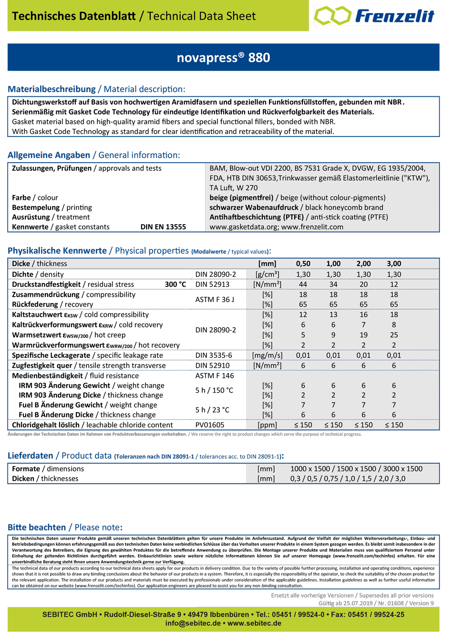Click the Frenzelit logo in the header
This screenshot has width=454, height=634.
(374, 16)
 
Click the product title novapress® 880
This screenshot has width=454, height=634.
(223, 58)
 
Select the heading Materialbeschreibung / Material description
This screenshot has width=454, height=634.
(96, 89)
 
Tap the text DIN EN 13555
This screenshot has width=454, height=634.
(163, 227)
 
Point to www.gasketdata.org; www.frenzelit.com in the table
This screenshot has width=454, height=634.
(276, 227)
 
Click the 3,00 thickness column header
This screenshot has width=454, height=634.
(394, 264)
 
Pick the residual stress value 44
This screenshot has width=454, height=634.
(303, 284)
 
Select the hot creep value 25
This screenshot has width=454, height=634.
(394, 335)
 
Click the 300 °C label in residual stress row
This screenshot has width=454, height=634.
(175, 284)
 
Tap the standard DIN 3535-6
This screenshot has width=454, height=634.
(214, 355)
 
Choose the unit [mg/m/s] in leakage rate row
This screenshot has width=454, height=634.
(267, 355)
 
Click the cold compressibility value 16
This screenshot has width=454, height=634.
(363, 315)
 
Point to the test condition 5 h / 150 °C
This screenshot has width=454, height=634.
(214, 390)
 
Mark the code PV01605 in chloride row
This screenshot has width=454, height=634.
(210, 425)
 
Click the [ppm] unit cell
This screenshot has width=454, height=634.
(267, 425)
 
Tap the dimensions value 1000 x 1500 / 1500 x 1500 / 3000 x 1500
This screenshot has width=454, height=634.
(356, 469)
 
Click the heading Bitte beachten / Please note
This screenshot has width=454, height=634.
(65, 528)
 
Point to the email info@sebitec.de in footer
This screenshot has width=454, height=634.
(193, 624)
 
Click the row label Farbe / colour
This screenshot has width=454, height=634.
(35, 198)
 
